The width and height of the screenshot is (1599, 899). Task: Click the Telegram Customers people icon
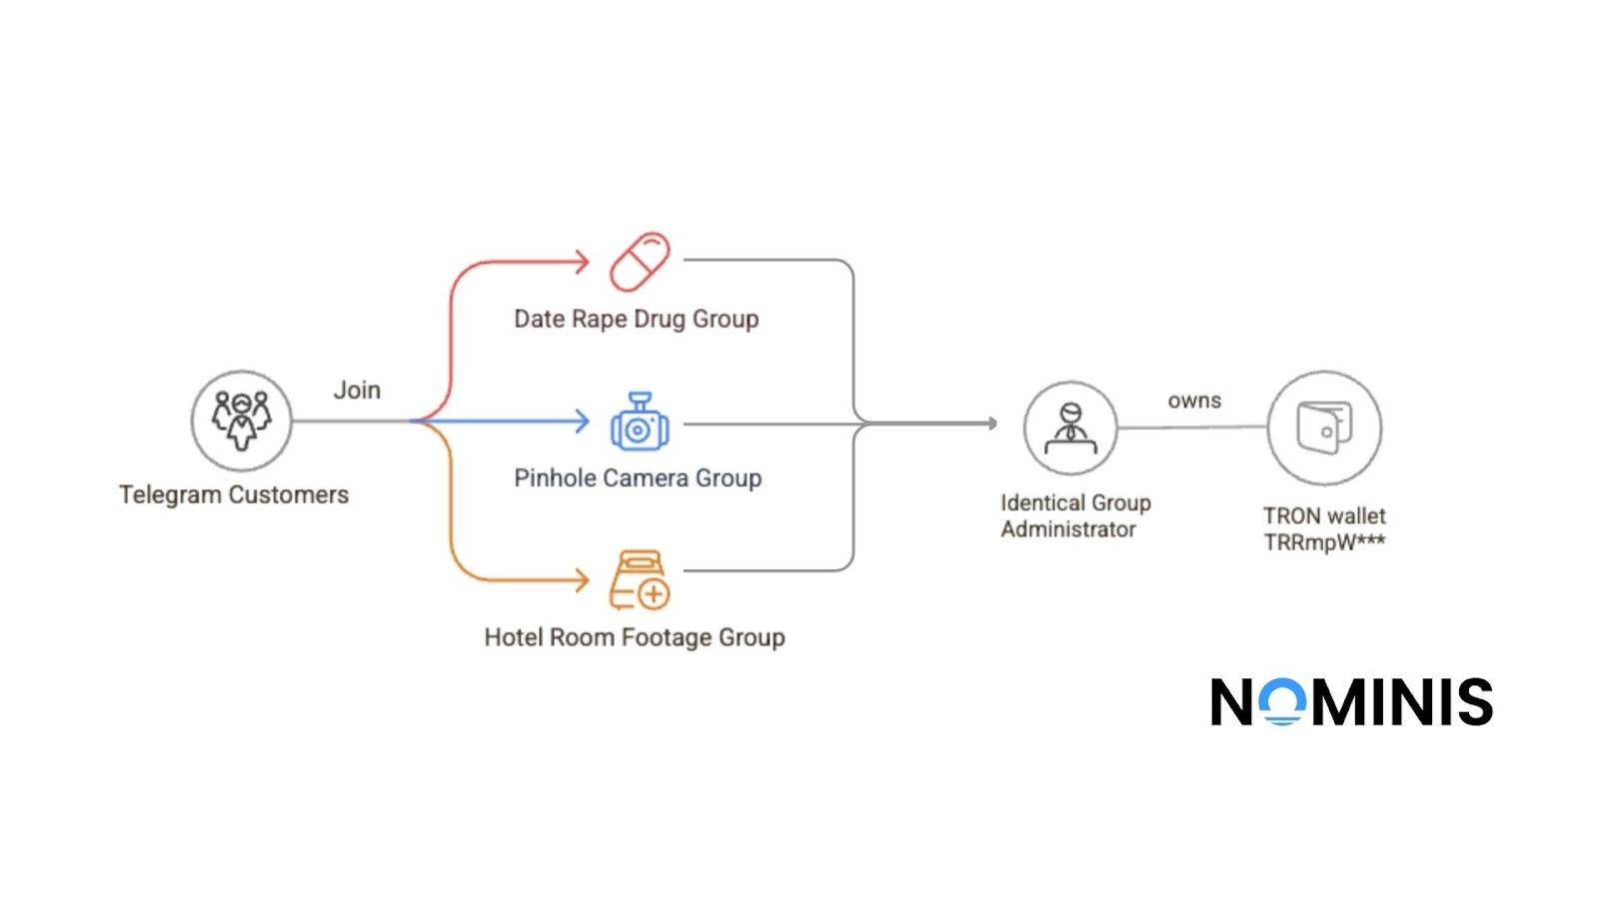(241, 421)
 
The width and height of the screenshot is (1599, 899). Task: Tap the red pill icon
(640, 263)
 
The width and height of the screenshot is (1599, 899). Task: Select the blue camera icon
(640, 423)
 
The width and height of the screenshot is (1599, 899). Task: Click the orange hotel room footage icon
(640, 580)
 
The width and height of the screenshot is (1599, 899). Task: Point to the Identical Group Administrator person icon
(1070, 428)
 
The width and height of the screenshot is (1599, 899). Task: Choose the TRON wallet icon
(1324, 428)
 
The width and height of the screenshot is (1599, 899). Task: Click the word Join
(357, 391)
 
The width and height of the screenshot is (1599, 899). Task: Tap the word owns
(1194, 401)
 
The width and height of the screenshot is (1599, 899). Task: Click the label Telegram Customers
(234, 494)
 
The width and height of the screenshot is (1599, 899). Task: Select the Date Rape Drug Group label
(637, 319)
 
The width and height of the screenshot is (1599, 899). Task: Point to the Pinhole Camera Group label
(638, 478)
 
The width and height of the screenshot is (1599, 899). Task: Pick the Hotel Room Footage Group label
(635, 637)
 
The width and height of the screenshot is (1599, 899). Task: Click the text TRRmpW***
(1324, 542)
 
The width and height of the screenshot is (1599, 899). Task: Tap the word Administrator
(1068, 529)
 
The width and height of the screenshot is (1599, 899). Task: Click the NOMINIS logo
(1351, 701)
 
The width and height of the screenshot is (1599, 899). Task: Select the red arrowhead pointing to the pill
(583, 263)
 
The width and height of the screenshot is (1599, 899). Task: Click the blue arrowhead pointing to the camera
(583, 421)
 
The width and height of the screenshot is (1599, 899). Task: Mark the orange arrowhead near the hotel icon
(583, 579)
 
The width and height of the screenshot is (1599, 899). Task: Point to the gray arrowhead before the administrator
(992, 424)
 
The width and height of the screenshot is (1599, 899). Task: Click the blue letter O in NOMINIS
(1281, 701)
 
